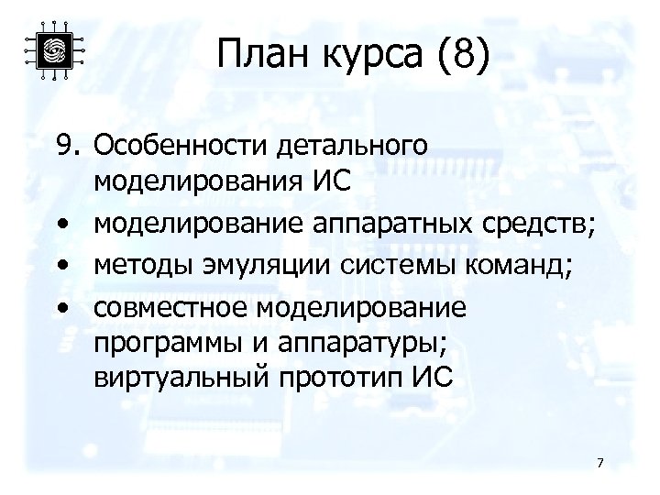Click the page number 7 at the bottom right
[599, 462]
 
